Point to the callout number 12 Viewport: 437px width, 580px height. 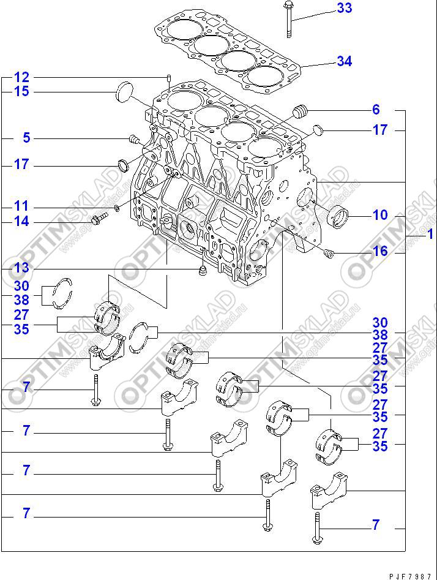pyautogui.click(x=21, y=78)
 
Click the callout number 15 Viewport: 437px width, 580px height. pyautogui.click(x=21, y=92)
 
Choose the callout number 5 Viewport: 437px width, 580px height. pyautogui.click(x=26, y=138)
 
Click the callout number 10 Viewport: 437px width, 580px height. pyautogui.click(x=380, y=215)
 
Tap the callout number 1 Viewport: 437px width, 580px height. pyautogui.click(x=430, y=234)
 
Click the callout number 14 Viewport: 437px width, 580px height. pyautogui.click(x=21, y=222)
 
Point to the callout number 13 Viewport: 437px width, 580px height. pyautogui.click(x=21, y=268)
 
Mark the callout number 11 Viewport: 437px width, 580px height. pyautogui.click(x=21, y=207)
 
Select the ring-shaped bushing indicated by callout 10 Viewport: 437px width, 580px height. pyautogui.click(x=338, y=216)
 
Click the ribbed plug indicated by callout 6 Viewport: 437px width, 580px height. pyautogui.click(x=299, y=112)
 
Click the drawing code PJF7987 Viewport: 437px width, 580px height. pyautogui.click(x=412, y=576)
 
